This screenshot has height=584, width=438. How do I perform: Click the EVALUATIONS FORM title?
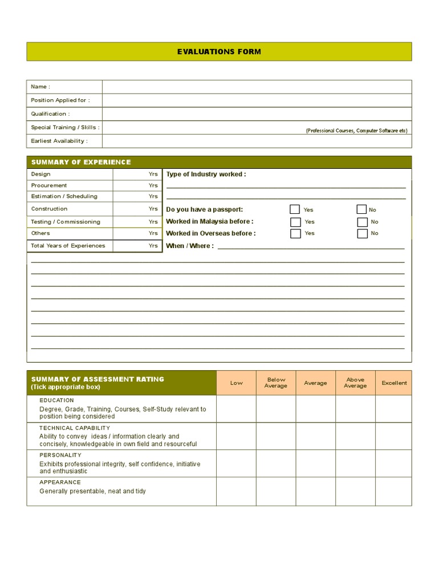click(x=219, y=51)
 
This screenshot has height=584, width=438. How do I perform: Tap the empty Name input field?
click(x=257, y=87)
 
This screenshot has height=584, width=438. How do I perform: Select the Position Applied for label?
click(x=60, y=100)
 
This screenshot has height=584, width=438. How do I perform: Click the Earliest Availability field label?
click(x=59, y=141)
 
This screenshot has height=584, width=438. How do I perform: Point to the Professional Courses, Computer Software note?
click(x=356, y=131)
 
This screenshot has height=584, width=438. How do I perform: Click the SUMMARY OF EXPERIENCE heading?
click(x=81, y=162)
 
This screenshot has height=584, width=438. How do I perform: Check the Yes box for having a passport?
click(x=295, y=209)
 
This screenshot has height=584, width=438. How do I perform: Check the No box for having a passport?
click(x=362, y=209)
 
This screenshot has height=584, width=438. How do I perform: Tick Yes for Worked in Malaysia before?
click(x=295, y=222)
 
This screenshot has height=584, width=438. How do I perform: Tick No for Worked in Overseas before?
click(x=362, y=233)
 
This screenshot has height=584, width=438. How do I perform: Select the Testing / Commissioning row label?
click(x=66, y=222)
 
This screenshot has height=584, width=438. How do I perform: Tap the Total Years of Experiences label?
click(x=68, y=246)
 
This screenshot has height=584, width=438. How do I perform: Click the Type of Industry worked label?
click(x=206, y=175)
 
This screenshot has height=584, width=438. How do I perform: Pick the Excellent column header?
click(x=394, y=383)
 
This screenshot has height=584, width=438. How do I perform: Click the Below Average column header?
click(x=276, y=383)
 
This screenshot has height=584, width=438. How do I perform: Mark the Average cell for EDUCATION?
click(x=315, y=409)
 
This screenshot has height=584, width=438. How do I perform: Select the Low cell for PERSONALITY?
click(x=236, y=463)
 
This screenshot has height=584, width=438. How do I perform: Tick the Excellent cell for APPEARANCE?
click(x=394, y=491)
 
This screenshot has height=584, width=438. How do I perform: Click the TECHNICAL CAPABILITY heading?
click(x=75, y=428)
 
